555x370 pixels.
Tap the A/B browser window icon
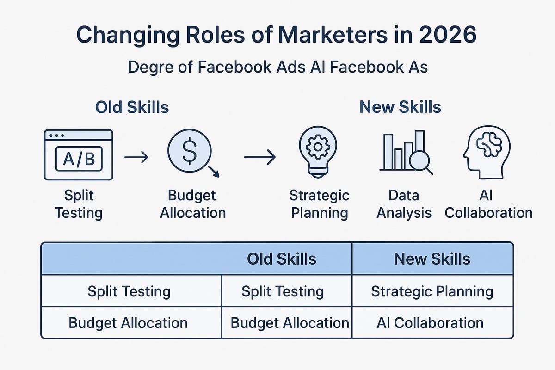click(78, 154)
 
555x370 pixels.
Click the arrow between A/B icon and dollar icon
click(136, 158)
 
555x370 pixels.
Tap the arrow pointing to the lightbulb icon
click(259, 158)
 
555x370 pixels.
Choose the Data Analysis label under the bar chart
click(404, 204)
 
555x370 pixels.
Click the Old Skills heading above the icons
click(132, 107)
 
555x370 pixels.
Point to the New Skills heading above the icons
click(400, 107)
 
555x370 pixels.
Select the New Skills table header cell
click(432, 259)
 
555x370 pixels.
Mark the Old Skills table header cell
click(282, 259)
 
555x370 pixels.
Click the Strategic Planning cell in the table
click(432, 291)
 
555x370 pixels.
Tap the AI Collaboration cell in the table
click(430, 322)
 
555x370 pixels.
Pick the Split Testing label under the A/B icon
click(79, 204)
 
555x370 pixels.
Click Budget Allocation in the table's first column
click(128, 322)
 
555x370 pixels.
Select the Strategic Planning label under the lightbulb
click(319, 204)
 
